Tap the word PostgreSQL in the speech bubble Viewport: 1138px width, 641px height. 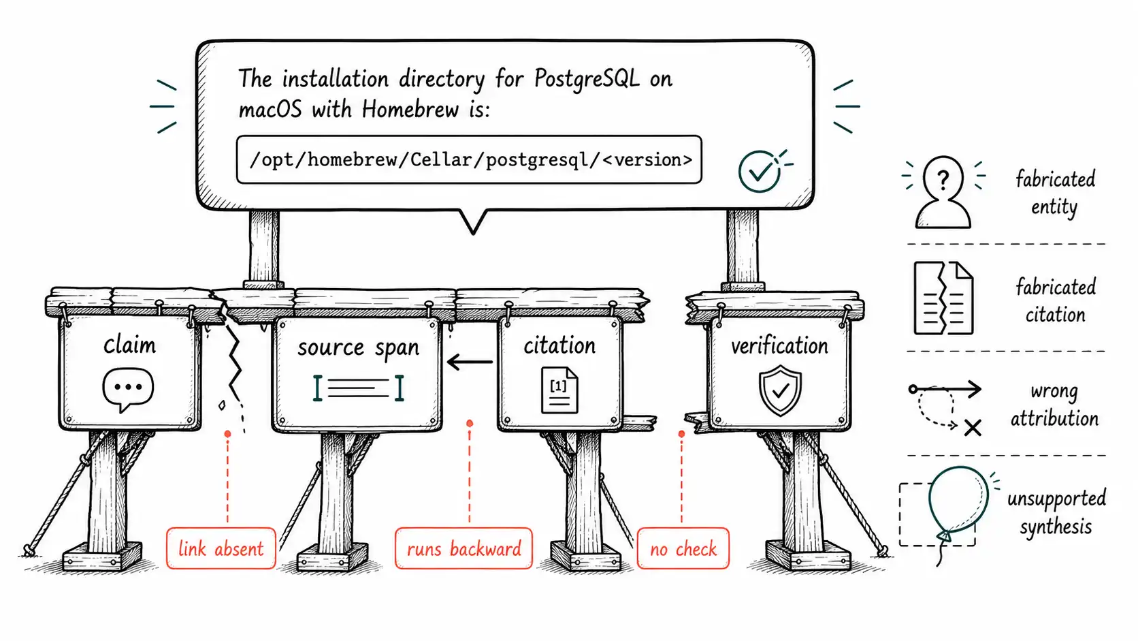click(587, 79)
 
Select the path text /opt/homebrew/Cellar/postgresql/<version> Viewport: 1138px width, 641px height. click(470, 159)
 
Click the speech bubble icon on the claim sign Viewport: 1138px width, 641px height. click(128, 390)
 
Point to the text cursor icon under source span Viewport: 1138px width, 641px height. click(358, 388)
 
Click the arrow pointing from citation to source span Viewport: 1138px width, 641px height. click(470, 362)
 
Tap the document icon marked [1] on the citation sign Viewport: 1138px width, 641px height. click(559, 390)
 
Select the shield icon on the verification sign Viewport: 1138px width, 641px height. click(780, 390)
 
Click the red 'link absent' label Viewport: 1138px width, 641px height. click(221, 548)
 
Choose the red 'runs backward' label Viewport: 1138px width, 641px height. click(464, 548)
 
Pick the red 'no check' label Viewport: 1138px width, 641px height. click(683, 548)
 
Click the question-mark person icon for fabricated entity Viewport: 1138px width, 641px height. click(943, 191)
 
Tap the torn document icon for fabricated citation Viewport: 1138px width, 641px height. click(943, 298)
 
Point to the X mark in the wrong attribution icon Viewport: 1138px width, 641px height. click(973, 428)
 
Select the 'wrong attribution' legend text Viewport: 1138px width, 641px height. click(1054, 405)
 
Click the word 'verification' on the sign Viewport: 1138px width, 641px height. click(779, 346)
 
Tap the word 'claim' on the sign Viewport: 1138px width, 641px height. click(129, 345)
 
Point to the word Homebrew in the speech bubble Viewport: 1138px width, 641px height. click(410, 109)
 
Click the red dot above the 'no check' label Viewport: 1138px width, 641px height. click(681, 434)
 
